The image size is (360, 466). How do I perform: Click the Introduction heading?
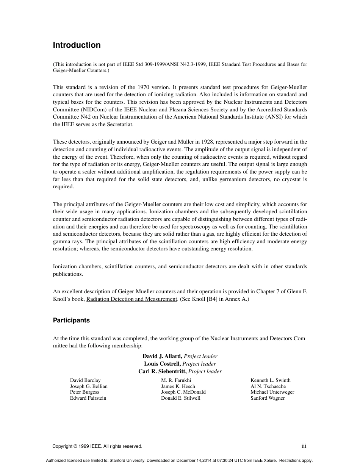point(77,45)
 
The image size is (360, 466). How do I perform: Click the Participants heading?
point(71,320)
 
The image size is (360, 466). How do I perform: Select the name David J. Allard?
point(163,356)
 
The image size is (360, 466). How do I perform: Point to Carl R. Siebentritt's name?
point(163,371)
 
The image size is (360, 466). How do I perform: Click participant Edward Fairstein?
point(88,398)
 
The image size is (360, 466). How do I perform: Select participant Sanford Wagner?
point(268,398)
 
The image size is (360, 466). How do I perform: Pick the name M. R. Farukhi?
point(176,380)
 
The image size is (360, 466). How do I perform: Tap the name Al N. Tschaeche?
point(268,386)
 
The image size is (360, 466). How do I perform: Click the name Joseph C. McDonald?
point(183,392)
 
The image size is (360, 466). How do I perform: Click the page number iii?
point(304,446)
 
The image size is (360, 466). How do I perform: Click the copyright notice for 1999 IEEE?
point(97,446)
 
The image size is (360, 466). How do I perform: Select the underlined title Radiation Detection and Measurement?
point(131,299)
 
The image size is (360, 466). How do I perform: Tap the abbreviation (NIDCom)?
point(92,109)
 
